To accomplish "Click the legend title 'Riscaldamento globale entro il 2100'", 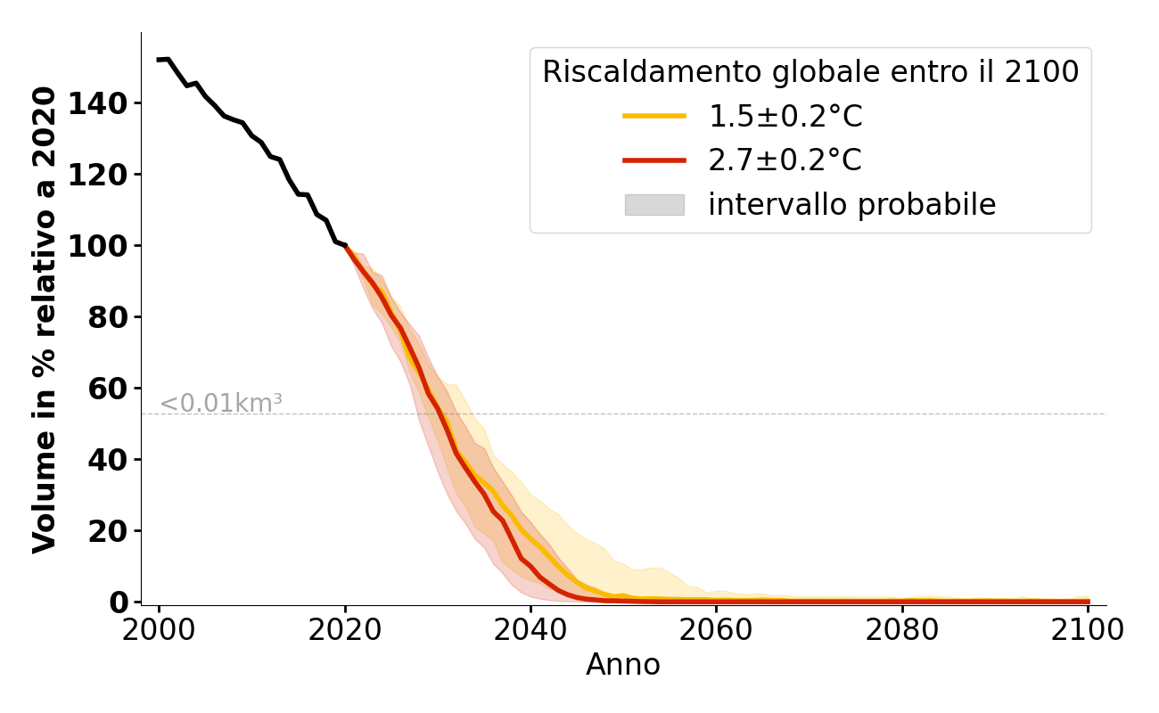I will coord(810,72).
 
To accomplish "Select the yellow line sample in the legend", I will coord(653,116).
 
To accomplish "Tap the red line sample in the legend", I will coord(653,160).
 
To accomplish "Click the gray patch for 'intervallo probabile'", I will coord(653,205).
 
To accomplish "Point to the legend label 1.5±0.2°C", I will coord(785,116).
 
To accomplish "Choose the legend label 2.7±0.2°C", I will coord(785,160).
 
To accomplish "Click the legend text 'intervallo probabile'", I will coord(851,205).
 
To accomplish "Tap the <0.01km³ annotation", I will coord(221,404).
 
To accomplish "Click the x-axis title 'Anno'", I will coord(623,666).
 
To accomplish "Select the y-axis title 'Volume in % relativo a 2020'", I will coord(45,319).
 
